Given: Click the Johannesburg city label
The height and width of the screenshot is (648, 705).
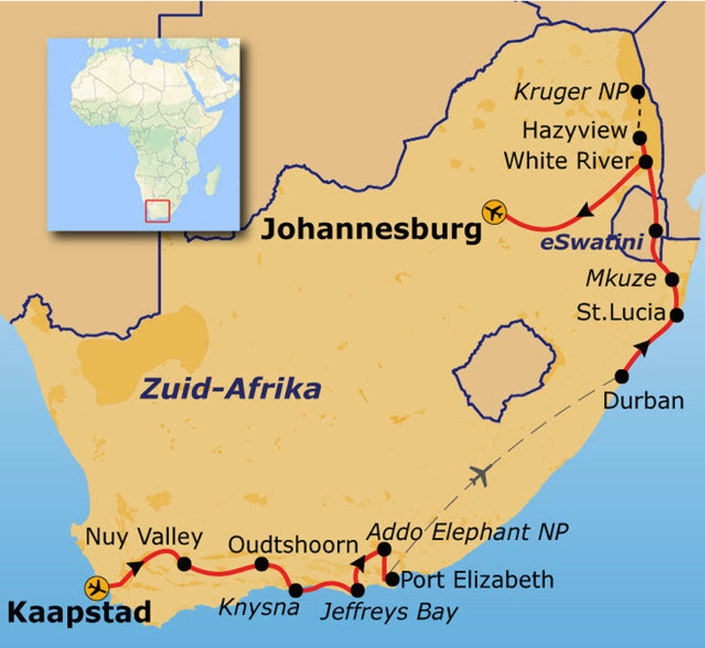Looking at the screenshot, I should [x=370, y=231].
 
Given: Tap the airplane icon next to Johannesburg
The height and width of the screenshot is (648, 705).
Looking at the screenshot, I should [x=494, y=212].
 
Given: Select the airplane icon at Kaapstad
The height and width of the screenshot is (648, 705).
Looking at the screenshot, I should [x=97, y=588].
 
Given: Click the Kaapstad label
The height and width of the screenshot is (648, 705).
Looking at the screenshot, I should [x=79, y=612].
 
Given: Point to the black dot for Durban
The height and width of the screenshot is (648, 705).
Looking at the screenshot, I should [x=622, y=376].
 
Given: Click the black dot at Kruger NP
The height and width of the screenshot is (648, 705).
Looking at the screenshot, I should [x=638, y=91].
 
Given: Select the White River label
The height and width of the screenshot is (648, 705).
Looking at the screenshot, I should [x=568, y=161].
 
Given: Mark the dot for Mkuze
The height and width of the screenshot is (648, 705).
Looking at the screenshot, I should [x=672, y=280].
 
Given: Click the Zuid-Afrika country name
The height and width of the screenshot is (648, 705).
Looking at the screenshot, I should [x=231, y=389].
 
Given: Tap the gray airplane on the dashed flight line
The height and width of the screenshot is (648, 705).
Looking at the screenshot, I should [x=481, y=474].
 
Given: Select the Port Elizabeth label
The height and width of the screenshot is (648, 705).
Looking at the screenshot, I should [x=476, y=579].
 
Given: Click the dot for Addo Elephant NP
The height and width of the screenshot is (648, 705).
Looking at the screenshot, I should [x=384, y=549].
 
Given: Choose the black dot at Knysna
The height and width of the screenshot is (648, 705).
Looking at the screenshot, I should [x=295, y=589].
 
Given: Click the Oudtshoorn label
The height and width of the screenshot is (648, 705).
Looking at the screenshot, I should [x=293, y=545].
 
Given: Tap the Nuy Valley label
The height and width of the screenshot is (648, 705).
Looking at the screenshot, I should [x=144, y=536].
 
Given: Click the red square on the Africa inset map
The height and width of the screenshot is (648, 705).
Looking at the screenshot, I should [x=158, y=211].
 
